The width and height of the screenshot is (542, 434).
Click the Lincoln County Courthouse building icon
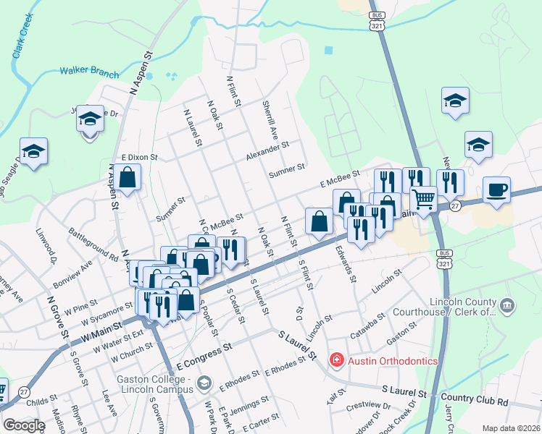click(x=507, y=307)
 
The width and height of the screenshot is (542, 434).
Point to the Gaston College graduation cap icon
click(x=204, y=381)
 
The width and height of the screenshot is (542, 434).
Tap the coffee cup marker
click(x=496, y=190)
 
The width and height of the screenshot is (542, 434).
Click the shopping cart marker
click(x=423, y=199)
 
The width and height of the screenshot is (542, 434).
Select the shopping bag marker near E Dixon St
click(x=127, y=178)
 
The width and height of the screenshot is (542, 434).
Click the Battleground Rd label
click(x=93, y=244)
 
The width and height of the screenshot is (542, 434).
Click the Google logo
click(x=23, y=425)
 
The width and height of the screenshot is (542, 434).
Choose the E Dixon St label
click(x=139, y=156)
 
